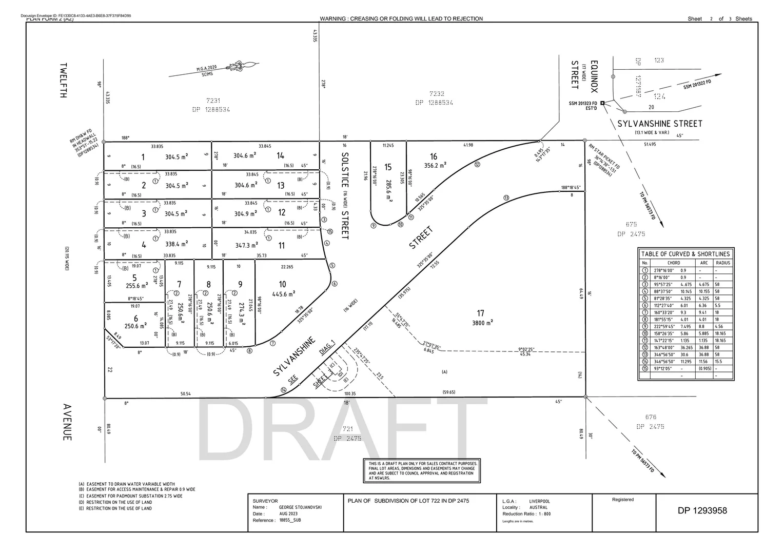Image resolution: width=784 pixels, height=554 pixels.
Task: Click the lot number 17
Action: click(x=480, y=313)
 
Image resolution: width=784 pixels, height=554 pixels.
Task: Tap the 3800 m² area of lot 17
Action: click(x=482, y=323)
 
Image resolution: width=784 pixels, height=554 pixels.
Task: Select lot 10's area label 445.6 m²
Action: click(x=283, y=294)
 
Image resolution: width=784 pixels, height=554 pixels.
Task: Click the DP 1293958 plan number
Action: click(x=702, y=510)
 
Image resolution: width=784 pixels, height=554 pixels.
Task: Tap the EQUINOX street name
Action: click(x=594, y=76)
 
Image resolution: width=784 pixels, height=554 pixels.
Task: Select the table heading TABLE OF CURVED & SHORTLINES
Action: click(x=685, y=254)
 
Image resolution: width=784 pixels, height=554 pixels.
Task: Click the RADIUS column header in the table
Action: click(x=723, y=263)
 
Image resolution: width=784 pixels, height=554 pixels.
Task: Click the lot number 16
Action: click(x=434, y=156)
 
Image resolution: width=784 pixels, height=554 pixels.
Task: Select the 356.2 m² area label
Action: click(x=435, y=165)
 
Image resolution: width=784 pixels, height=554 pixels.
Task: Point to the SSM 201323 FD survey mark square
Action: click(x=602, y=103)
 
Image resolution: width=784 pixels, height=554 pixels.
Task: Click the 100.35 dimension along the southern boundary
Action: click(x=350, y=394)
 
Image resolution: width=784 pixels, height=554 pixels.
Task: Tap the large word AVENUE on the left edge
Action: click(x=67, y=422)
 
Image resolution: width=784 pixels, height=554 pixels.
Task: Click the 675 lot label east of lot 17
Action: click(x=631, y=224)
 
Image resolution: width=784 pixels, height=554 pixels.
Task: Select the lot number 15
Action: click(x=388, y=167)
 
